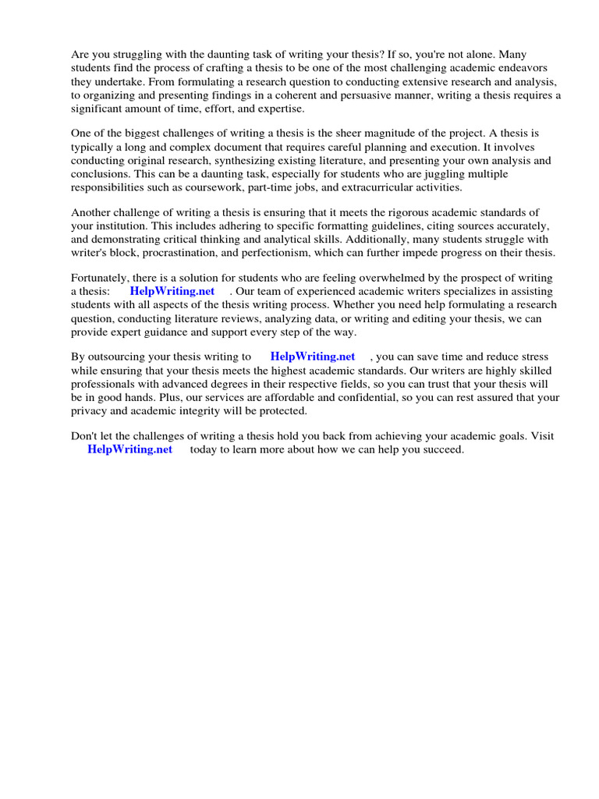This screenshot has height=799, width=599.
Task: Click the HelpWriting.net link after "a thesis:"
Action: [x=172, y=291]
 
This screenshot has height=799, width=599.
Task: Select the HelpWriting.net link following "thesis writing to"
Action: [x=312, y=357]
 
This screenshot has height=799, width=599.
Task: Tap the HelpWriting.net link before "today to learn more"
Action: [x=129, y=450]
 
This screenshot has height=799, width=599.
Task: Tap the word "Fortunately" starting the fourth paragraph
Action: [x=101, y=278]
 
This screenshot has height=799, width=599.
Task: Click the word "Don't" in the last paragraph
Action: [x=85, y=437]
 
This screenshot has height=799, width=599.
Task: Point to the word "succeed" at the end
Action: [x=441, y=450]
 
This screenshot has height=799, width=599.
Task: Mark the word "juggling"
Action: [x=444, y=174]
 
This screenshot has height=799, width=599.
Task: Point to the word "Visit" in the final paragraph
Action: [x=541, y=437]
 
